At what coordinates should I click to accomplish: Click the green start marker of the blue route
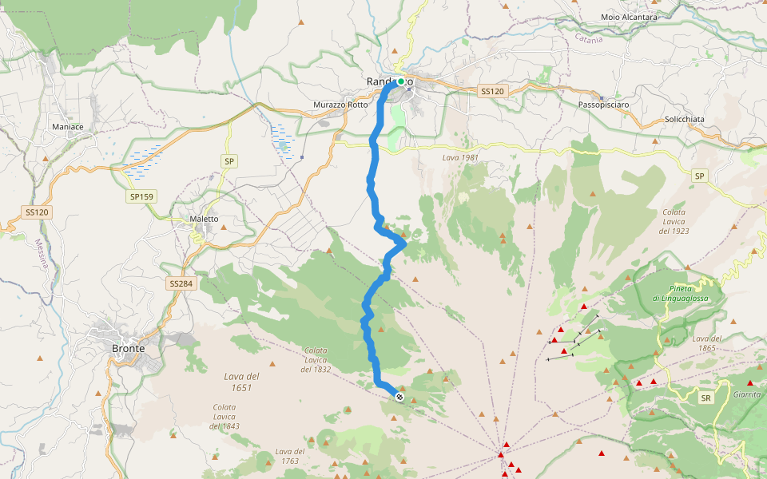click(401, 81)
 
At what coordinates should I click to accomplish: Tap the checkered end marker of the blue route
click(399, 397)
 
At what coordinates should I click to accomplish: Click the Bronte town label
click(128, 349)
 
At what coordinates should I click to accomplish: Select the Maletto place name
click(204, 219)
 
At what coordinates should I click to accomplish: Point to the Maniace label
click(67, 127)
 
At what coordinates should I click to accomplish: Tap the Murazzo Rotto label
click(340, 105)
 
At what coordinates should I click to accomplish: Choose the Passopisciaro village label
click(603, 105)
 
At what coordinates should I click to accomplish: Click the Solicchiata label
click(685, 119)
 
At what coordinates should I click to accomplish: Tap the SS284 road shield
click(180, 283)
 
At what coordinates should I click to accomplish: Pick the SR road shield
click(705, 398)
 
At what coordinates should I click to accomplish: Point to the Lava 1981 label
click(460, 158)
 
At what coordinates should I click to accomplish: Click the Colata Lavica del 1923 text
click(674, 221)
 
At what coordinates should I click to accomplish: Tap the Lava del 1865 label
click(707, 343)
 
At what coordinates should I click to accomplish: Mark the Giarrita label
click(746, 394)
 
